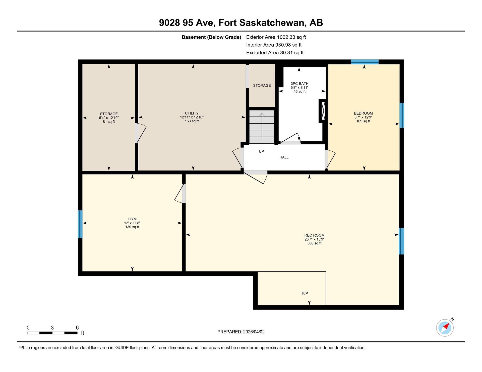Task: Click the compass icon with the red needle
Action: tap(445, 328)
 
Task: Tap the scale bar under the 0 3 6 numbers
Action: tap(52, 333)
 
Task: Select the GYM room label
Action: tap(132, 219)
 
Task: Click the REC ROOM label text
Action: tap(314, 235)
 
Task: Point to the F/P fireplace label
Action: tap(305, 293)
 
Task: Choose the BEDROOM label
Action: tap(363, 113)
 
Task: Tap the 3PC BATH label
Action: tap(299, 84)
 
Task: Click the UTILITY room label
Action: tap(192, 113)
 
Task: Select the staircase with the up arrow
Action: tap(262, 127)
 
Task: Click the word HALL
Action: tap(284, 157)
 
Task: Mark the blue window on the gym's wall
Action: tap(80, 224)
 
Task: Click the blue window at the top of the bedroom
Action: tap(365, 62)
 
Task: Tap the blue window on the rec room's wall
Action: tap(402, 241)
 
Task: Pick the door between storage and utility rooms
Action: tap(141, 133)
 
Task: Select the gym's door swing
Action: tap(180, 193)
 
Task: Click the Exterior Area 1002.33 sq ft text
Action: tap(276, 37)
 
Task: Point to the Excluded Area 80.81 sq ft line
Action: tap(275, 53)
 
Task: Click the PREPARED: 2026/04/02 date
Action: tap(241, 332)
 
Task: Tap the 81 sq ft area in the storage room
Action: tap(109, 122)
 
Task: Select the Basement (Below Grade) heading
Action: tap(211, 37)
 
